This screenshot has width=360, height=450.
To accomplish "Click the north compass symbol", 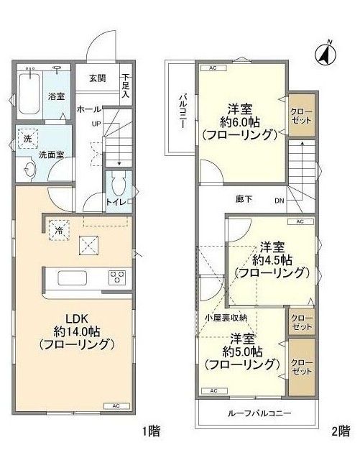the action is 326,53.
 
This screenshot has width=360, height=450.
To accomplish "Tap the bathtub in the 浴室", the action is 29,94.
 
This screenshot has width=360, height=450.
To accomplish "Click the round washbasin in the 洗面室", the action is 29,170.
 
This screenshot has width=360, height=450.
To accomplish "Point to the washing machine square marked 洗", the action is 28,139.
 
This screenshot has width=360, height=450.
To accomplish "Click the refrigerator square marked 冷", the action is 59,229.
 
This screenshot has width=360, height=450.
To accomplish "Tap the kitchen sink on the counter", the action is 73,277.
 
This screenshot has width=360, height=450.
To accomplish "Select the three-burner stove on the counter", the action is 117,277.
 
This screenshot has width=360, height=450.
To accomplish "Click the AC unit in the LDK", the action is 116,406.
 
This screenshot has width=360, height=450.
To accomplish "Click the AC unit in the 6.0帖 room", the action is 213,68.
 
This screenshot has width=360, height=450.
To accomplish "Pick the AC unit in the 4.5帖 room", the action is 300,222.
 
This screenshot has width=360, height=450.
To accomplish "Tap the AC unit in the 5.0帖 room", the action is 214,391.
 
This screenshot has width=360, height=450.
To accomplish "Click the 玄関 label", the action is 97,78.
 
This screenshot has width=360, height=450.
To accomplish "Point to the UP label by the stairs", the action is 96,124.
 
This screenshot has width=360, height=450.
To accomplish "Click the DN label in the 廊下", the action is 279,201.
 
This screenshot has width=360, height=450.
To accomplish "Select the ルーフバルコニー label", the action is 259,413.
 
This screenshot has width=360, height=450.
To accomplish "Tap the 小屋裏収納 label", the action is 226,318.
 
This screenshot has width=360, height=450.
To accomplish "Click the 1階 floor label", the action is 152,431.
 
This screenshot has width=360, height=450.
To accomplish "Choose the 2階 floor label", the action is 341,431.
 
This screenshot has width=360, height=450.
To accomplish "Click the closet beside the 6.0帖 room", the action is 302,115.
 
